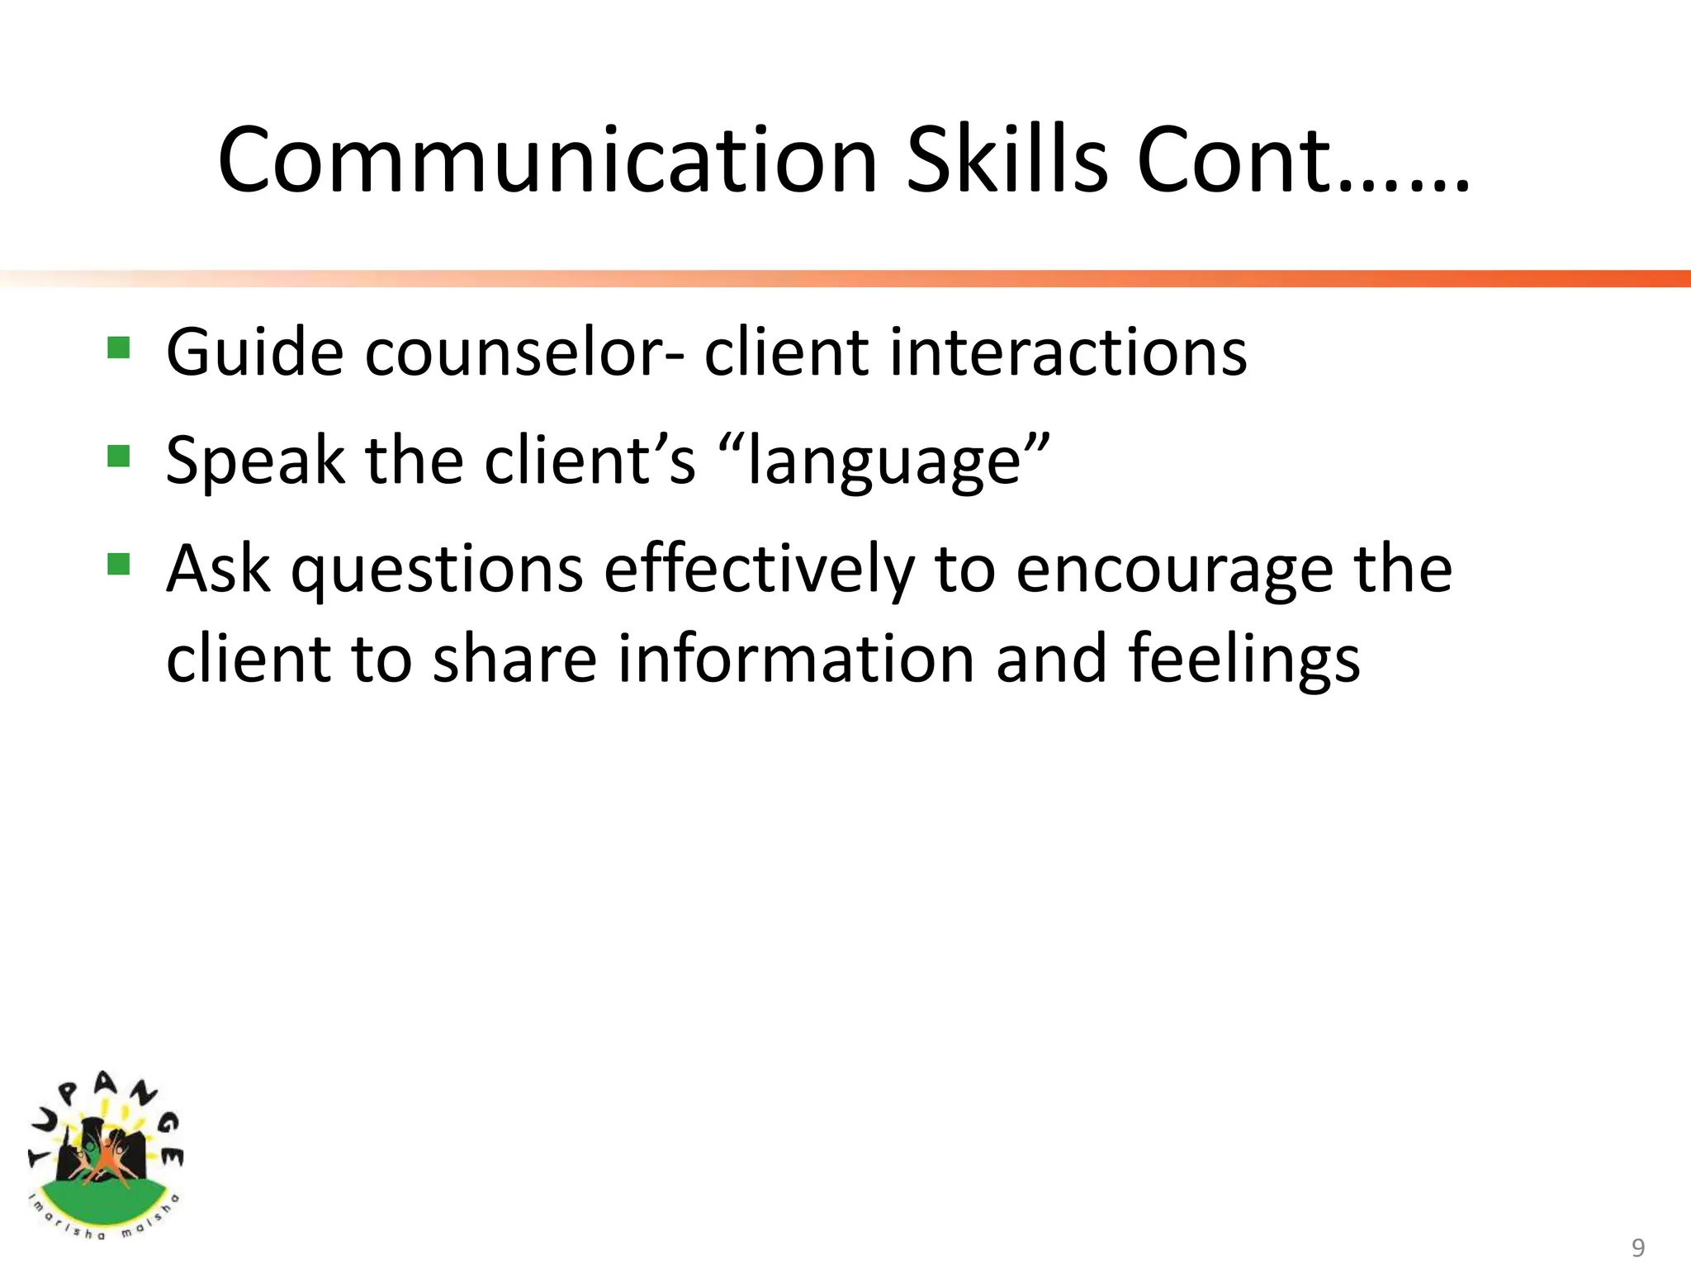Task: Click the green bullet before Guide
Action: coord(119,348)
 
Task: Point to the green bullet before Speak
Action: coord(119,456)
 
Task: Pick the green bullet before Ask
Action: coord(119,565)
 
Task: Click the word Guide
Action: coord(254,352)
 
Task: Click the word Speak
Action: coord(254,461)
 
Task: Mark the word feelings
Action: coord(1244,660)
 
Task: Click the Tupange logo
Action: coord(105,1156)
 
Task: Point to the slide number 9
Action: coord(1638,1247)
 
